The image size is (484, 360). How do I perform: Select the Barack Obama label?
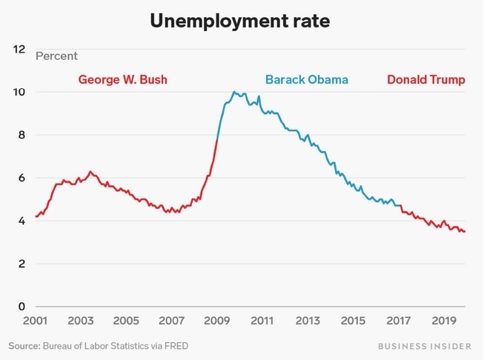[306, 79]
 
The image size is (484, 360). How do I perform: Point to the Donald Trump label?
[426, 79]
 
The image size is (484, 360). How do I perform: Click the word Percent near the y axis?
[56, 56]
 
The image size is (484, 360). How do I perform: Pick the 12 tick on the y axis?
[19, 49]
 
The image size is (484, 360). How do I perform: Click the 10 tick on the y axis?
[19, 92]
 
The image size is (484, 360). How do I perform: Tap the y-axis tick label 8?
[20, 135]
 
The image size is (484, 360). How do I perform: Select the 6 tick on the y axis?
[20, 178]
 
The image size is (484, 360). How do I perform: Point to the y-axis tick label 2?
[20, 264]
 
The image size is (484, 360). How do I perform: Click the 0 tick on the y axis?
[20, 307]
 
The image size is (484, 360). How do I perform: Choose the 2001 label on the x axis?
[35, 321]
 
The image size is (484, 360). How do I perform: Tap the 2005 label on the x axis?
[126, 321]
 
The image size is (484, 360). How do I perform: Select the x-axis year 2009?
[216, 321]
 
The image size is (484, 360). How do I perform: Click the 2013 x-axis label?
[308, 321]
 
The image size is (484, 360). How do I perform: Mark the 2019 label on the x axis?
[443, 321]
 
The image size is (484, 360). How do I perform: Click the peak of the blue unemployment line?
[233, 92]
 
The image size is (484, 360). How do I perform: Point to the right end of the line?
[465, 232]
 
